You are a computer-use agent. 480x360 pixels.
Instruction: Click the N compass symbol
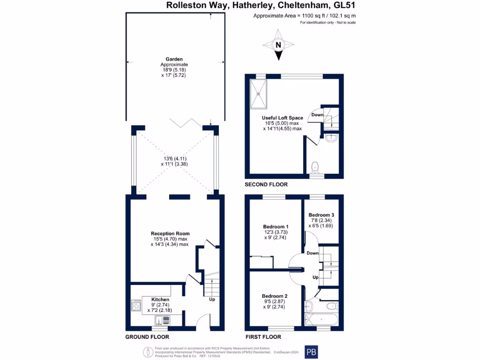click(278, 45)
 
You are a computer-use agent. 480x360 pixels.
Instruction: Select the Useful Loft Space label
click(282, 118)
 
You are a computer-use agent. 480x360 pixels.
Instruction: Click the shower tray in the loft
click(258, 93)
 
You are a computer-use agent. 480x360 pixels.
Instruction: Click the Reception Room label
click(170, 233)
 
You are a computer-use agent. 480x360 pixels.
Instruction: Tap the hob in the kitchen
click(136, 306)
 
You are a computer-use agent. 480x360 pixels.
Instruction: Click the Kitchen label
click(160, 299)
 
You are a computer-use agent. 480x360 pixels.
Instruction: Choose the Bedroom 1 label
click(276, 226)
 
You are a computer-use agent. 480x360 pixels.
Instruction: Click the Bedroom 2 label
click(275, 296)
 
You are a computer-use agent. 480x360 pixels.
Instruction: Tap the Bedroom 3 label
click(321, 215)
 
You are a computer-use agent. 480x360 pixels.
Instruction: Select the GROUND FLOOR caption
click(147, 337)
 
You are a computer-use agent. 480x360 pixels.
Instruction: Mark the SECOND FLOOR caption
click(265, 185)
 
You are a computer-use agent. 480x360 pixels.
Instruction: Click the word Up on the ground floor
click(212, 300)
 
